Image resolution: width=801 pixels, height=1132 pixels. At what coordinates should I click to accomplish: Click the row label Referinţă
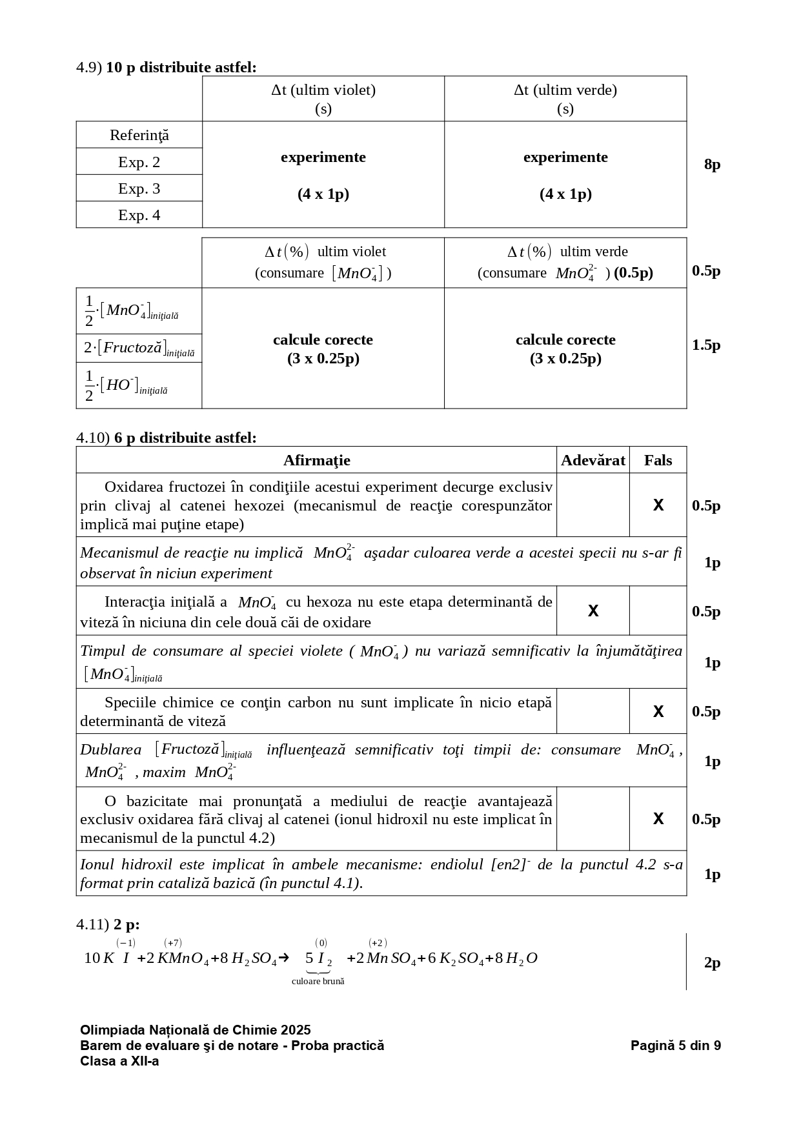click(x=139, y=136)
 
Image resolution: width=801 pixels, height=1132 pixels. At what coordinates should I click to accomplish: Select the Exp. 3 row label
click(x=139, y=188)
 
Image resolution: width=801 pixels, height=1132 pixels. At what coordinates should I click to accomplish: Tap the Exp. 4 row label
click(x=139, y=215)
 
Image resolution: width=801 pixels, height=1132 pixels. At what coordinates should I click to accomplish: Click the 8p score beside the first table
click(x=712, y=165)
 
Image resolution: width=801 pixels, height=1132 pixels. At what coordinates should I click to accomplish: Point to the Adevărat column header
click(x=593, y=460)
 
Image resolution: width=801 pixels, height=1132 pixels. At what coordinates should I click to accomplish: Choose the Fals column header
click(x=658, y=460)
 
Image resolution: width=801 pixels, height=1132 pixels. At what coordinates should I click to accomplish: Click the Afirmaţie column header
click(x=316, y=460)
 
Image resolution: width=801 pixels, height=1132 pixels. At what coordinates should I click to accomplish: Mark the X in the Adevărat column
click(x=593, y=611)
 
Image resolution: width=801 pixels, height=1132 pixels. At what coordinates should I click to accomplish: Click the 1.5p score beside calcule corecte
click(x=706, y=345)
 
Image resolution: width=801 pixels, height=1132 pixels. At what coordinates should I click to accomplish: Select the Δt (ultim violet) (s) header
click(x=323, y=99)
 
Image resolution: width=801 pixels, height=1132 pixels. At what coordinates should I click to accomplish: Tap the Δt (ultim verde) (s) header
click(x=565, y=99)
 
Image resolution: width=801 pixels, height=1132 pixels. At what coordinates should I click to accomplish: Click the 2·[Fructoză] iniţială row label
click(x=139, y=349)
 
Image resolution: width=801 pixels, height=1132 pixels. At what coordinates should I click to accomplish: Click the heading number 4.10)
click(x=93, y=438)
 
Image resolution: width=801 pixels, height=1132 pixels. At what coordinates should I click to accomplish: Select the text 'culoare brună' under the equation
click(x=318, y=981)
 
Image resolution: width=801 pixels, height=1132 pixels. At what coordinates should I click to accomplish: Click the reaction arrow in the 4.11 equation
click(x=283, y=958)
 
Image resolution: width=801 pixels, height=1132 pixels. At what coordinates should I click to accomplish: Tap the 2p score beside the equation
click(x=712, y=963)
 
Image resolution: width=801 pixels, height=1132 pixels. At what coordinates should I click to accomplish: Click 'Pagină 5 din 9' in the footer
click(x=675, y=1046)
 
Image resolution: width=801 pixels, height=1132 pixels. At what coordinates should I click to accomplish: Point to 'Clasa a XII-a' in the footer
click(x=119, y=1061)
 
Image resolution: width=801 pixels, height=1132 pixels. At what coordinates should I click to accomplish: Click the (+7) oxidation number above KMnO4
click(x=172, y=943)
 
